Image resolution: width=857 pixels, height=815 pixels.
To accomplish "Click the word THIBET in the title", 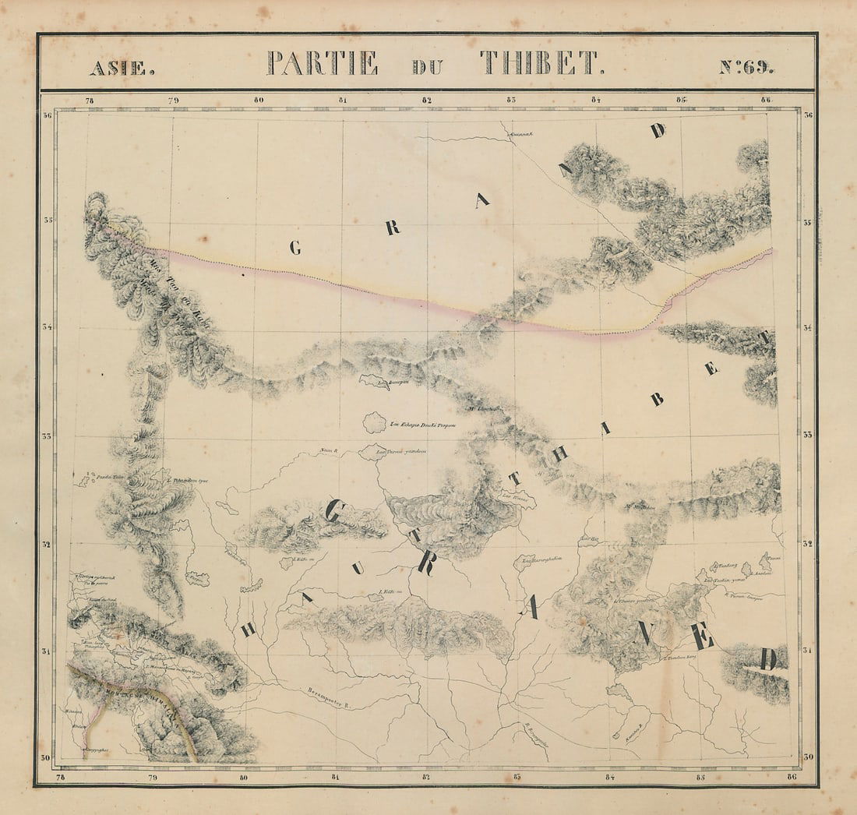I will [x=541, y=63].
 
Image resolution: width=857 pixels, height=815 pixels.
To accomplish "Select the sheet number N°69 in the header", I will [x=746, y=66].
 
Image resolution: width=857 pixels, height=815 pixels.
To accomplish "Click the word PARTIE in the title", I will [x=323, y=63].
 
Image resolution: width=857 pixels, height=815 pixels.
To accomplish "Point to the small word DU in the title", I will [x=428, y=67].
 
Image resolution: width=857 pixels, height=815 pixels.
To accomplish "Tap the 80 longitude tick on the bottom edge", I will [x=244, y=776].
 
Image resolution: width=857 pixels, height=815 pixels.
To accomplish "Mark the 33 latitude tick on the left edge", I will [x=47, y=436].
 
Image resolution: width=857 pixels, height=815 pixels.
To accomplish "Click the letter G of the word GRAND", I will [x=295, y=249].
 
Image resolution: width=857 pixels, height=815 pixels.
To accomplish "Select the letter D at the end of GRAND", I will [x=659, y=131].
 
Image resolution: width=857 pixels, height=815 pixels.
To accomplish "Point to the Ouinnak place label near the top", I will [x=520, y=133].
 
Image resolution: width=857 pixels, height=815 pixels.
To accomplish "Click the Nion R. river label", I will [x=327, y=450].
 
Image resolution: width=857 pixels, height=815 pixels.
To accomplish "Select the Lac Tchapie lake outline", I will [x=375, y=423].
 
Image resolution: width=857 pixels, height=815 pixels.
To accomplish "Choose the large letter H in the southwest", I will [x=247, y=630].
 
